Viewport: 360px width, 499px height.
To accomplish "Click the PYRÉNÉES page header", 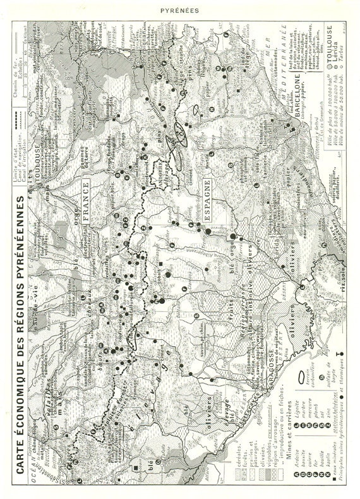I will [x=179, y=9].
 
